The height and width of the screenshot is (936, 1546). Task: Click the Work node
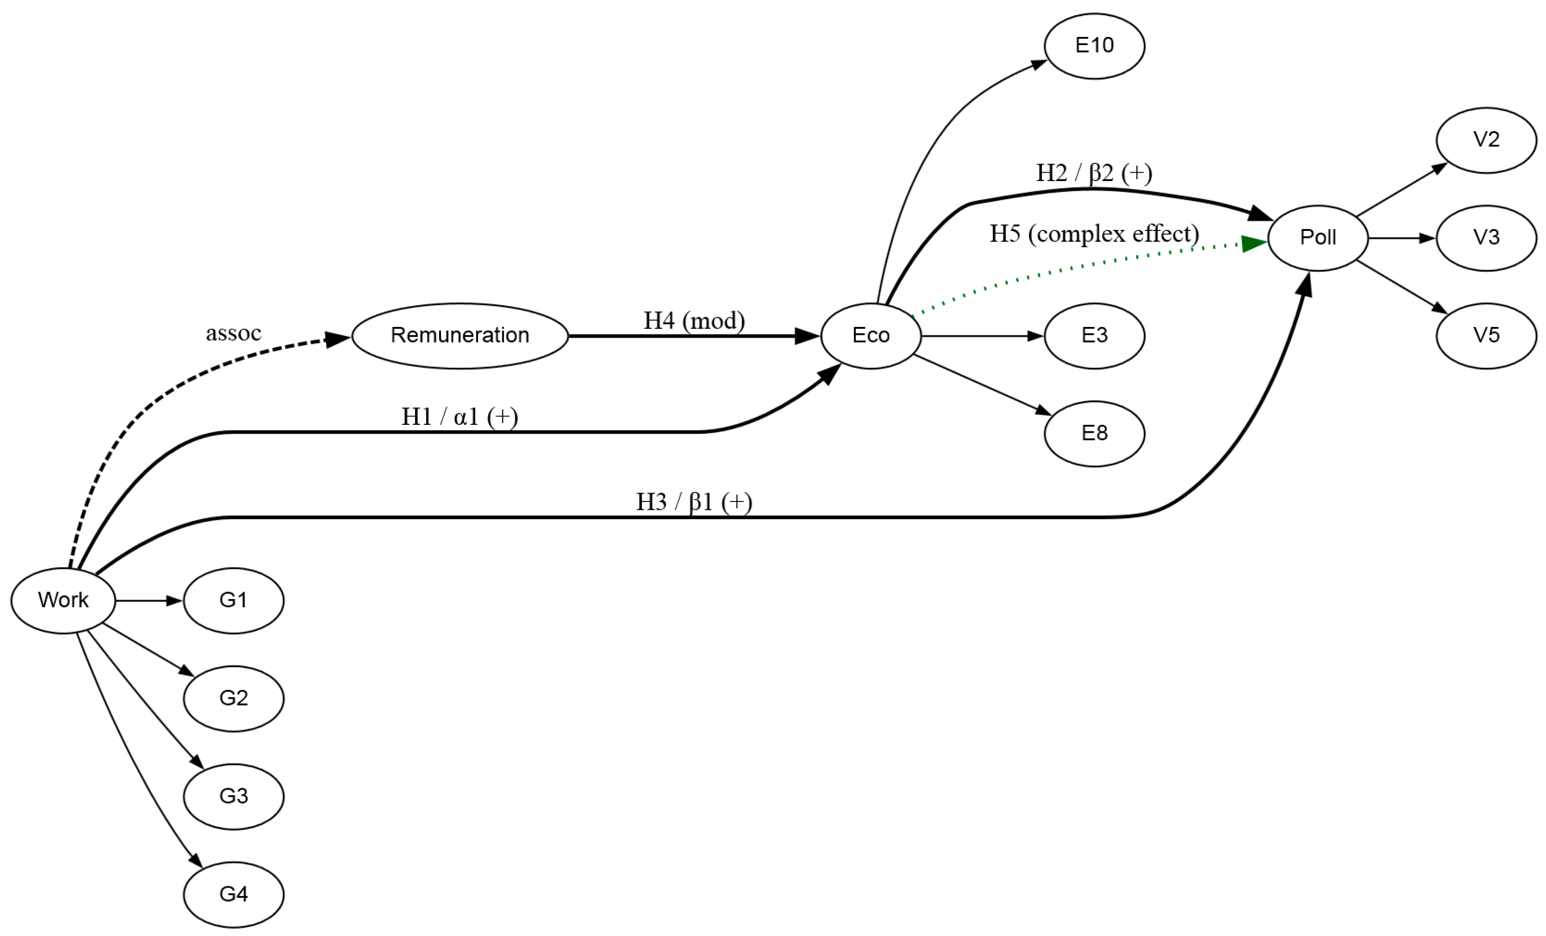pos(63,600)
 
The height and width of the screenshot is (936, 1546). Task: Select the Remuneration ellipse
pos(460,336)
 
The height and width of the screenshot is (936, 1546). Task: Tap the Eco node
pos(871,336)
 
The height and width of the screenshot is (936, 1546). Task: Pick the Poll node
pos(1317,238)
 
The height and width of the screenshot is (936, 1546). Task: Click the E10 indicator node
pos(1094,46)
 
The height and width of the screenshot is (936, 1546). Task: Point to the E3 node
pos(1094,336)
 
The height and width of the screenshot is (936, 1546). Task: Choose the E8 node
pos(1094,434)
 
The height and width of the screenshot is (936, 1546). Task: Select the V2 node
pos(1486,140)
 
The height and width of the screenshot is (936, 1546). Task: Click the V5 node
pos(1486,336)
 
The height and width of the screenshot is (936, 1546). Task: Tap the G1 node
pos(233,600)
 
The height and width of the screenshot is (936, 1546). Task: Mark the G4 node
pos(233,894)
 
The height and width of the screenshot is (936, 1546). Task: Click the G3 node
pos(233,796)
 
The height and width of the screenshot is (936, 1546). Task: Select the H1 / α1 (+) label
pos(459,417)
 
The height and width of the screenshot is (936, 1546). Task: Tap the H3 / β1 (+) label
pos(694,502)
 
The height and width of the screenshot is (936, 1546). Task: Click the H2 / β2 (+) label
pos(1093,173)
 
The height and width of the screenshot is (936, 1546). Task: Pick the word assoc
pos(233,333)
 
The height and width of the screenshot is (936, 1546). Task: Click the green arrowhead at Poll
pos(1254,243)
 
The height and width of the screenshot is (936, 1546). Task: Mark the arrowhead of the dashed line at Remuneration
pos(338,339)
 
